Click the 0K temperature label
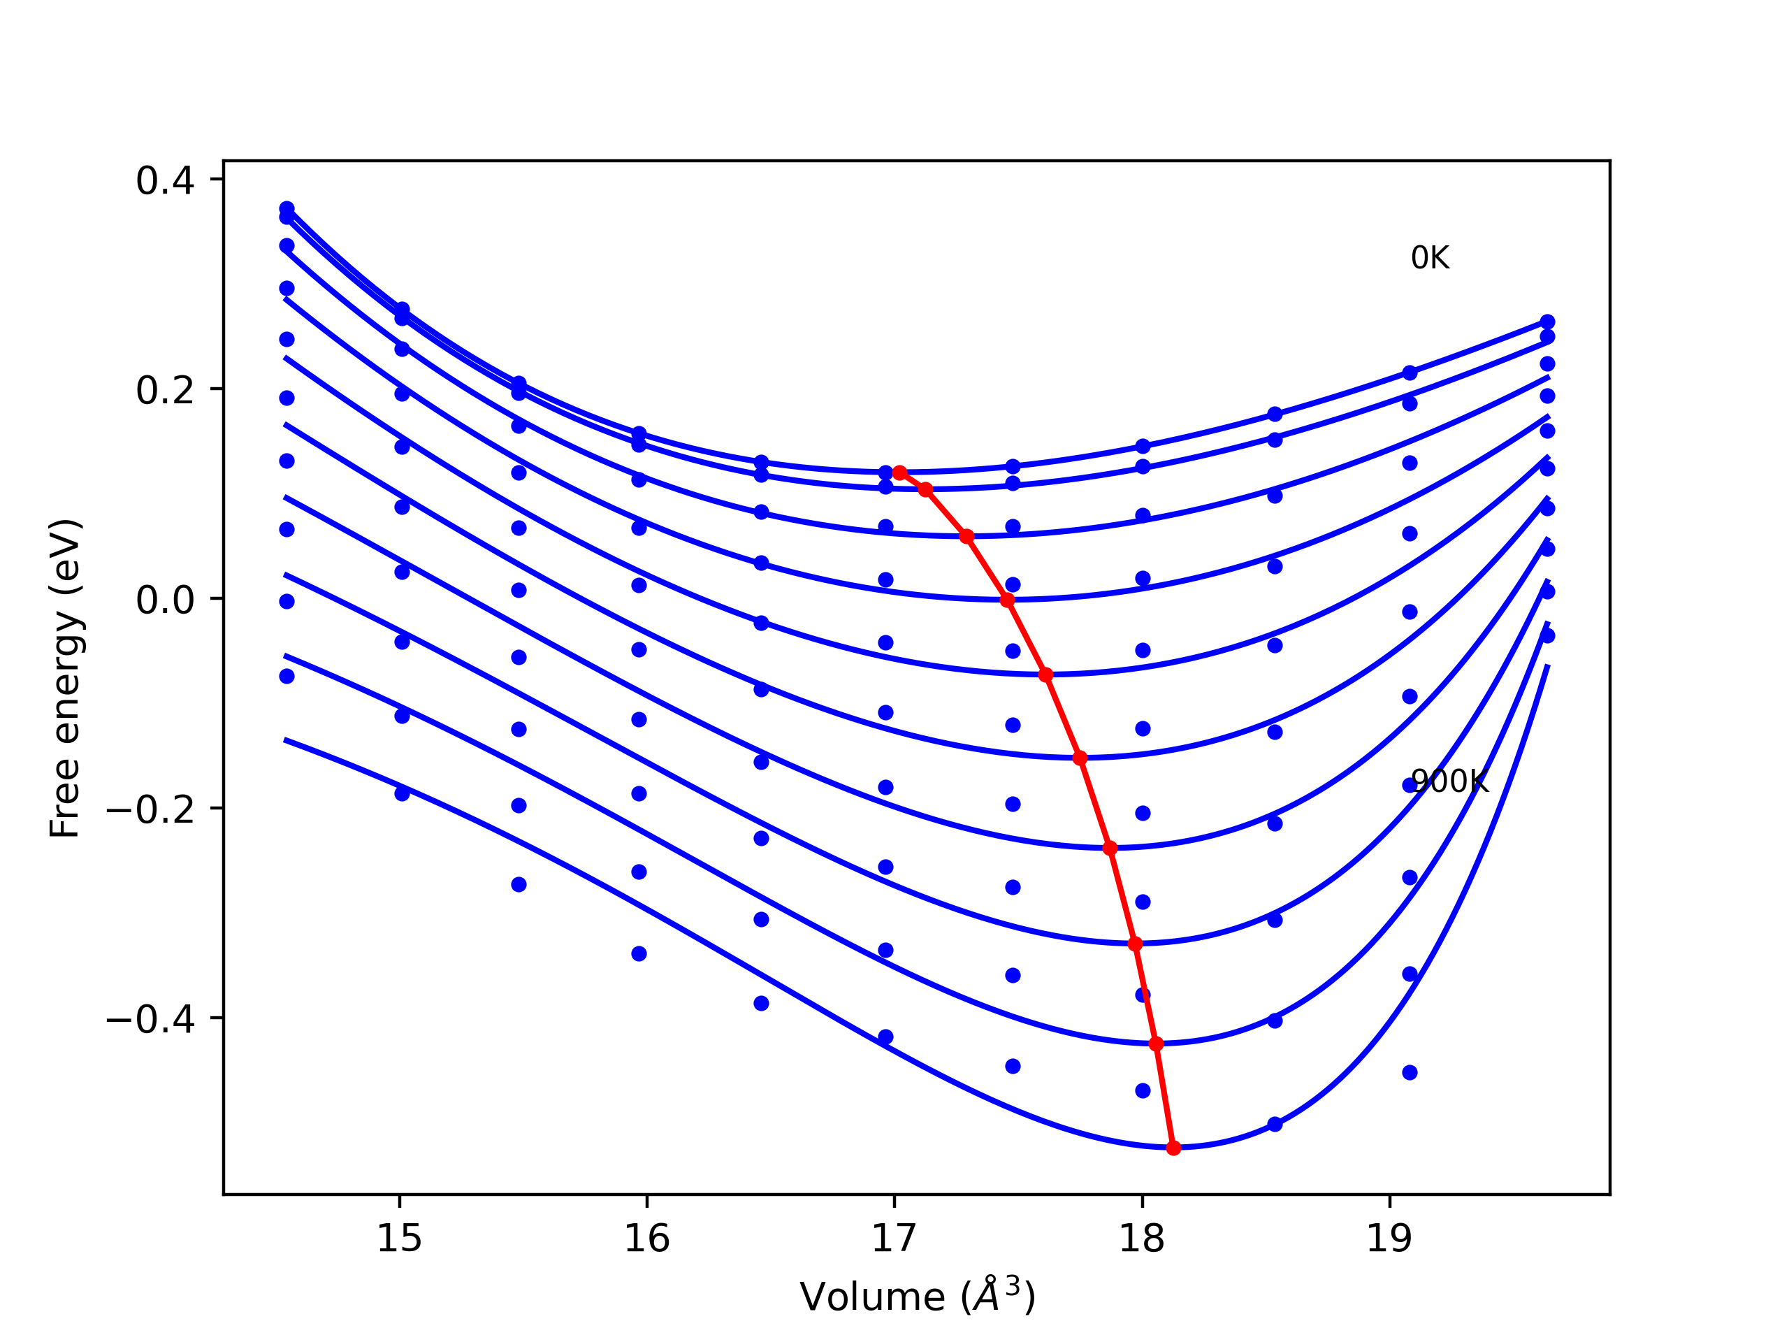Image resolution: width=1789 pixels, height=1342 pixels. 1430,258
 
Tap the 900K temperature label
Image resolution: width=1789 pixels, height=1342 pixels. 1449,781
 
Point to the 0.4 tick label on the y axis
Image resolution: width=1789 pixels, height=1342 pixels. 165,180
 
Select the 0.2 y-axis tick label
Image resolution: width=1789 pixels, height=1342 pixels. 165,390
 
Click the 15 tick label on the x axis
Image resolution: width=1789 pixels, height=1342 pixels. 400,1239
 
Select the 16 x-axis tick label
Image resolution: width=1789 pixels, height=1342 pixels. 647,1239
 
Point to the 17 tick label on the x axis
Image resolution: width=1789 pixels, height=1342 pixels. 894,1239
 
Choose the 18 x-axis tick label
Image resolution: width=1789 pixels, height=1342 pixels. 1142,1239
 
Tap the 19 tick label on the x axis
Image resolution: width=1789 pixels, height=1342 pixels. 1389,1239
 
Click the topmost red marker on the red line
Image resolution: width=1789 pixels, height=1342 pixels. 899,472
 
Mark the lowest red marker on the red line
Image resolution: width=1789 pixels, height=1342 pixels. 1173,1148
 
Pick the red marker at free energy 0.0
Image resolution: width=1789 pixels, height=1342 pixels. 1007,600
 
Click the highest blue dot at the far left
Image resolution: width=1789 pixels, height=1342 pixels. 287,209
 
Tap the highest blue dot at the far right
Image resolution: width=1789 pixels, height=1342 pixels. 1547,322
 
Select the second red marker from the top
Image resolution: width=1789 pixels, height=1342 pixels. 925,489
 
